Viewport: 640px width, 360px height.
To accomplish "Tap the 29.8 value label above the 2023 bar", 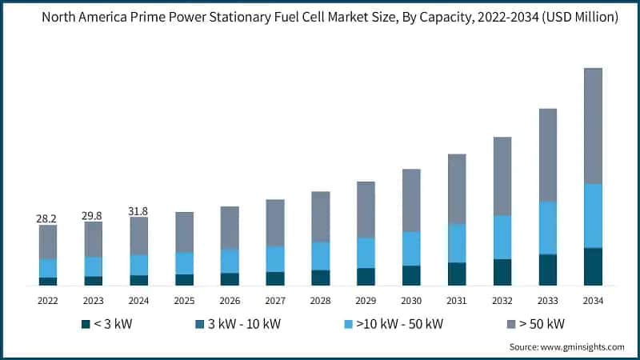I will (94, 215).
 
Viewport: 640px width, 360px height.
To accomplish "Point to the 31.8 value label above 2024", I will (139, 211).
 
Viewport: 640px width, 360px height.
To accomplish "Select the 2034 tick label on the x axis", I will (593, 301).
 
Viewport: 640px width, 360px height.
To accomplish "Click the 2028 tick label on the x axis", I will (320, 301).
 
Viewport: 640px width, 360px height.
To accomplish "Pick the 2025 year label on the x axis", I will (184, 301).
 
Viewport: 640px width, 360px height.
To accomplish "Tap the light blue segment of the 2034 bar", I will (593, 216).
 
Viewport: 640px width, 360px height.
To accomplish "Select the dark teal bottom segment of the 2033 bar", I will (547, 270).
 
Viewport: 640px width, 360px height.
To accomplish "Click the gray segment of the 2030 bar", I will (411, 200).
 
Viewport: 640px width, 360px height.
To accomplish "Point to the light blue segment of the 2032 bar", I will (502, 237).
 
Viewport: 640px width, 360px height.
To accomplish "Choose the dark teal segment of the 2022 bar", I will (48, 281).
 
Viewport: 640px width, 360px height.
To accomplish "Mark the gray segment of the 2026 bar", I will (230, 227).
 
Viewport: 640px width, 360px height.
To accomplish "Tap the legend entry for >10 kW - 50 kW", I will (392, 324).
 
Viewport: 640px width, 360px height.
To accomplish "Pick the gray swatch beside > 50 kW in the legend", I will (511, 324).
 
